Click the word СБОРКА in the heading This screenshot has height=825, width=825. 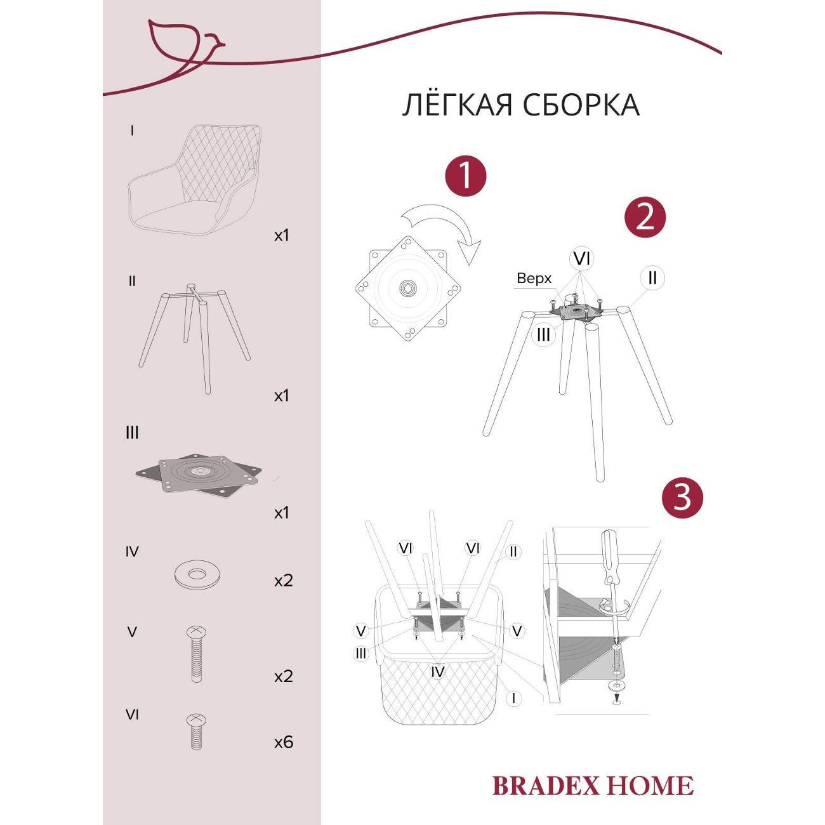(582, 105)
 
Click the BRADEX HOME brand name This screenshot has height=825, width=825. (593, 786)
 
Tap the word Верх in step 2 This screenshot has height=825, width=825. (534, 279)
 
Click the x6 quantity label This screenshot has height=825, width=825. (284, 742)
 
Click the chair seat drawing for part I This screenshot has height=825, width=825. (195, 180)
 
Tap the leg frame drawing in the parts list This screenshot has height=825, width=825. (195, 338)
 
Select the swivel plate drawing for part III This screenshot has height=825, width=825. (199, 475)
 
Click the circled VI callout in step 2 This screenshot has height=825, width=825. (581, 259)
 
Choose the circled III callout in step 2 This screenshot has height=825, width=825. (543, 334)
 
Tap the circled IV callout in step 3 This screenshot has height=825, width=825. (437, 671)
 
